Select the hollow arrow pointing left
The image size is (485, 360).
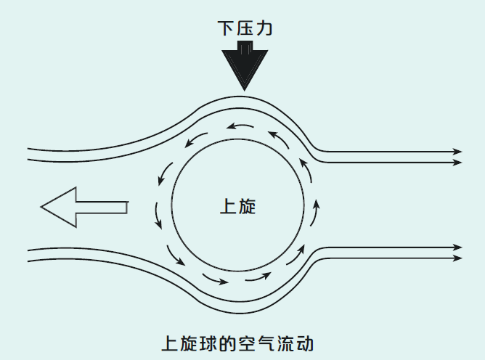[81, 206]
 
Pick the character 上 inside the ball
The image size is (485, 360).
[228, 206]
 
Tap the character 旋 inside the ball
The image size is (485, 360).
[247, 206]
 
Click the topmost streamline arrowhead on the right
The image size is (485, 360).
[457, 151]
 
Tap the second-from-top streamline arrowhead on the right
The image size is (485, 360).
[457, 162]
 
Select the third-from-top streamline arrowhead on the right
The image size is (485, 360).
[457, 247]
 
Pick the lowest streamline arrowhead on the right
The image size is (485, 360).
[457, 258]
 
